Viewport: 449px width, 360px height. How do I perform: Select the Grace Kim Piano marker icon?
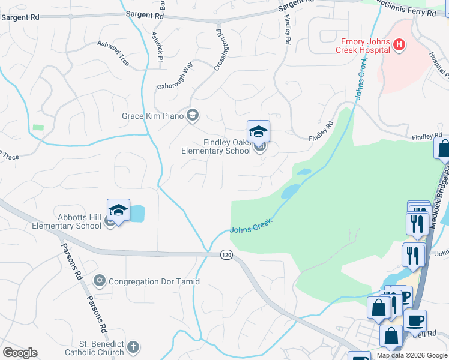193,115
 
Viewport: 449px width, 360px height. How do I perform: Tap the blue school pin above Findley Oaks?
258,131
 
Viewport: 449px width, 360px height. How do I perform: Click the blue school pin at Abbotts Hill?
118,210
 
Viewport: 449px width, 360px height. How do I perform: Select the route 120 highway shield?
226,254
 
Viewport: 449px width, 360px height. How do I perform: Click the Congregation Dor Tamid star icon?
100,281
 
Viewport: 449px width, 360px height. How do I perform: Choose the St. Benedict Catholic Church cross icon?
133,347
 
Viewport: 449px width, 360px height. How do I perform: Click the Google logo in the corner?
19,353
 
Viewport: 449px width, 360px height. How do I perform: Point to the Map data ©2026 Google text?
412,355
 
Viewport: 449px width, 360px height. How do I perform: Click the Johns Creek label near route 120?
251,226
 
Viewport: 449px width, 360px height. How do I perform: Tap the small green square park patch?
38,128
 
